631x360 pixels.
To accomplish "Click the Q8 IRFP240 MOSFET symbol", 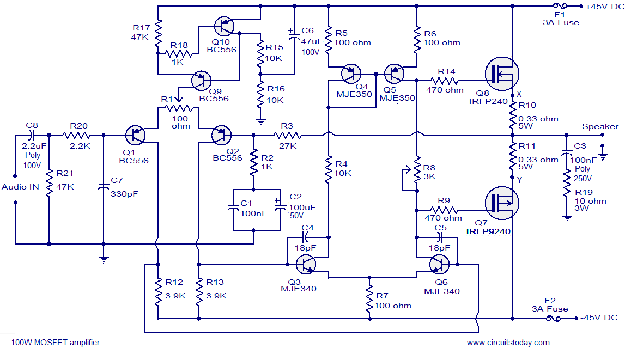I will (501, 74).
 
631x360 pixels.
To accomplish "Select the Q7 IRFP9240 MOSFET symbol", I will (501, 203).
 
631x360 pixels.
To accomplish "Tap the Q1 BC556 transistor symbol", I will (136, 135).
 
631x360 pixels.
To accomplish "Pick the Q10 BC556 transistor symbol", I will (224, 26).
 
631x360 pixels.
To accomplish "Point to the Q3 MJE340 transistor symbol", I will (306, 264).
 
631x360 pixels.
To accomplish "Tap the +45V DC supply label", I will (605, 7).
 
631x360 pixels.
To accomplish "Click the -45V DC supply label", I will (599, 318).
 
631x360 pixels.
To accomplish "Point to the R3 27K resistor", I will (287, 135).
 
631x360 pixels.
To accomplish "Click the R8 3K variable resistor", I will (417, 170).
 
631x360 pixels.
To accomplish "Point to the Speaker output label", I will (600, 126).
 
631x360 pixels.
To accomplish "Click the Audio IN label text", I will (20, 187).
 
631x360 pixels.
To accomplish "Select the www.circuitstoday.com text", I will (508, 343).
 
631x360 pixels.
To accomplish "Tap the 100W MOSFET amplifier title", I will (56, 343).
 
